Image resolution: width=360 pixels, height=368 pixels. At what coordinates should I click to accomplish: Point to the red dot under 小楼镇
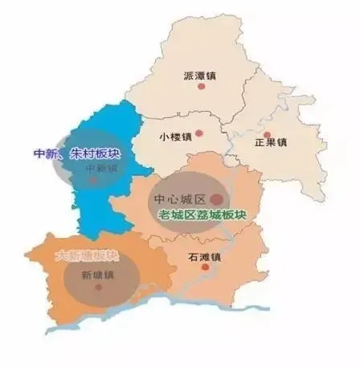point(201,136)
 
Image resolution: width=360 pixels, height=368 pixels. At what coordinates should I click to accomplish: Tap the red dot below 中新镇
point(94,182)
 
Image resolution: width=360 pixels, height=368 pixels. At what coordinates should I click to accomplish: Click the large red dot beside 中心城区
point(216,198)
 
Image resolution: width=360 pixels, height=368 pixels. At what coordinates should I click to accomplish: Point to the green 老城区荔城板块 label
point(201,215)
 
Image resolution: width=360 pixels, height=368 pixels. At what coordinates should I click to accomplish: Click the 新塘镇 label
point(98,276)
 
